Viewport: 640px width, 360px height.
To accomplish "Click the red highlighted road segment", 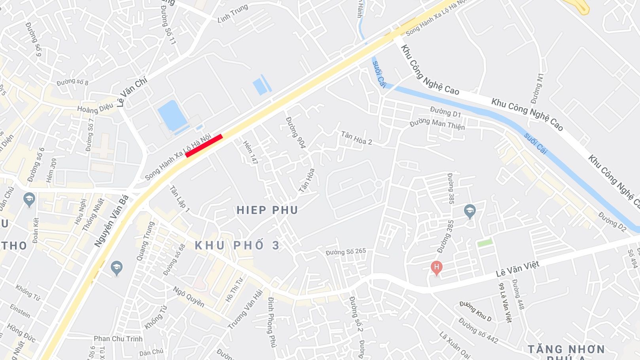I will click(x=204, y=146).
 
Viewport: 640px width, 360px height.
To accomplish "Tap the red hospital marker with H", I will click(x=436, y=267).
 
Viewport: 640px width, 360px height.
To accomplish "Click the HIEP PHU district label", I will click(x=267, y=210).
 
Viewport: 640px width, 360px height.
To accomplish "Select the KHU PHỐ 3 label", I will click(x=237, y=246).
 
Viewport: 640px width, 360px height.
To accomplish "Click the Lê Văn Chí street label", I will click(x=132, y=92).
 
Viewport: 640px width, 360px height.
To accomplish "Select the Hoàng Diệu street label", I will click(x=95, y=108).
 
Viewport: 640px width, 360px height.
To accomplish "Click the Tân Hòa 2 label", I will click(x=356, y=138).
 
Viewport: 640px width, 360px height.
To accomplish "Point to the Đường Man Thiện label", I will click(x=437, y=123).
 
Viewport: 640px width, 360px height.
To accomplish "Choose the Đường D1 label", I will click(x=445, y=112).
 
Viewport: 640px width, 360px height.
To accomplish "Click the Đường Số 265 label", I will click(x=346, y=252).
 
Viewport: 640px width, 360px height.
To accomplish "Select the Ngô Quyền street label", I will click(x=189, y=297).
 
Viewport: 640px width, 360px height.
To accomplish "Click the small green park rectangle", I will click(x=485, y=242).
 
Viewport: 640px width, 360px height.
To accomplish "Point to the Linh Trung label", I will click(x=233, y=13).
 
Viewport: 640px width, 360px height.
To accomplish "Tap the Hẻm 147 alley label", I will click(x=250, y=152).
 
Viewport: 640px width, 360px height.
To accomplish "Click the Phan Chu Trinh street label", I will click(x=118, y=339).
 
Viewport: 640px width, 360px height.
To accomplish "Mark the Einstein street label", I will click(x=20, y=311).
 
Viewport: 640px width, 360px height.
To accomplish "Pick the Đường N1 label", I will click(x=538, y=88).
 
